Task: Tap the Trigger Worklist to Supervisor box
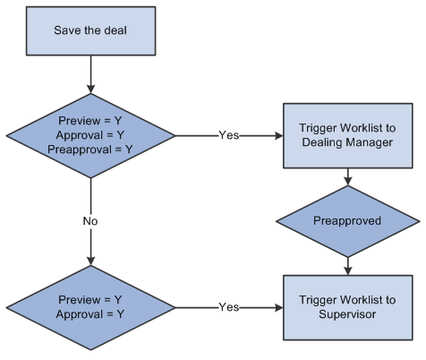pyautogui.click(x=346, y=306)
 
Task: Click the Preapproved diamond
pyautogui.click(x=346, y=220)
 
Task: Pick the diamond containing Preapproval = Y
pyautogui.click(x=89, y=135)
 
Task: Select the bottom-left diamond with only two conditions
pyautogui.click(x=89, y=306)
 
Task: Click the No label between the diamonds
pyautogui.click(x=89, y=220)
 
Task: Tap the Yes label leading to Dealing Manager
pyautogui.click(x=229, y=135)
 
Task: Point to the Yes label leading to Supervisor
pyautogui.click(x=229, y=306)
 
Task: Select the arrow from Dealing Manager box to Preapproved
pyautogui.click(x=346, y=176)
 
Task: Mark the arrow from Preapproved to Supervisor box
pyautogui.click(x=346, y=263)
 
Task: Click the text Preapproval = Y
pyautogui.click(x=89, y=149)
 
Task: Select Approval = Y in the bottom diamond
pyautogui.click(x=89, y=313)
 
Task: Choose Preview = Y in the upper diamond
pyautogui.click(x=89, y=122)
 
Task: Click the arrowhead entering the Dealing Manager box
pyautogui.click(x=278, y=135)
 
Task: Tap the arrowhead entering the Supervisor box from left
pyautogui.click(x=278, y=306)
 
